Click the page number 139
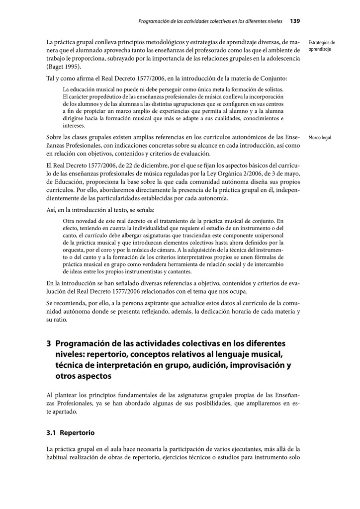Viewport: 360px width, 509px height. (294, 21)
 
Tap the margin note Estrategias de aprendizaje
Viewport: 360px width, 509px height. (321, 46)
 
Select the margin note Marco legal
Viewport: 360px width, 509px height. (320, 138)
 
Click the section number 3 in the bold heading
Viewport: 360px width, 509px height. (49, 343)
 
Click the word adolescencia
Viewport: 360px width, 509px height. (282, 59)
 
